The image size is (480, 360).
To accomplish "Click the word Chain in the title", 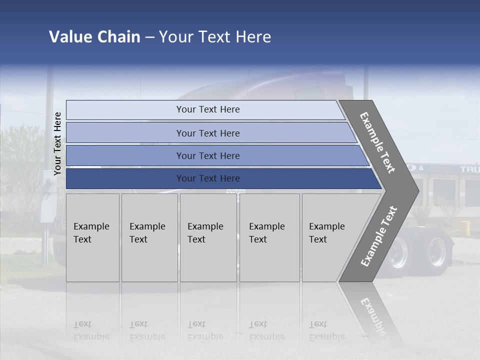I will point(118,37).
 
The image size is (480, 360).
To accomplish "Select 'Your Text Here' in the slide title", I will point(215,37).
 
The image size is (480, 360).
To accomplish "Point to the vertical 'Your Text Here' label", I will point(57,143).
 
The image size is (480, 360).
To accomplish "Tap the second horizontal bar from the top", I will point(207,133).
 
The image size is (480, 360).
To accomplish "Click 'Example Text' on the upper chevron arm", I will point(377,142).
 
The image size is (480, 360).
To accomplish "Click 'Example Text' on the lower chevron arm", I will point(379,236).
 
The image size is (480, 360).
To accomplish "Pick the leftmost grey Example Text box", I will point(92,237).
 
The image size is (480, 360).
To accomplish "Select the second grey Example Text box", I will point(149,237).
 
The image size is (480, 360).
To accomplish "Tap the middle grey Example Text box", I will point(208,237).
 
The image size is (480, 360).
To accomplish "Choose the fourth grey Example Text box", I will point(269,237).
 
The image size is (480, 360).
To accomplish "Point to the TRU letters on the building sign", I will point(469,169).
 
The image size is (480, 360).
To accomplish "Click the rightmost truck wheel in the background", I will point(436,251).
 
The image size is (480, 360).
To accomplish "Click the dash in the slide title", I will point(149,37).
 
